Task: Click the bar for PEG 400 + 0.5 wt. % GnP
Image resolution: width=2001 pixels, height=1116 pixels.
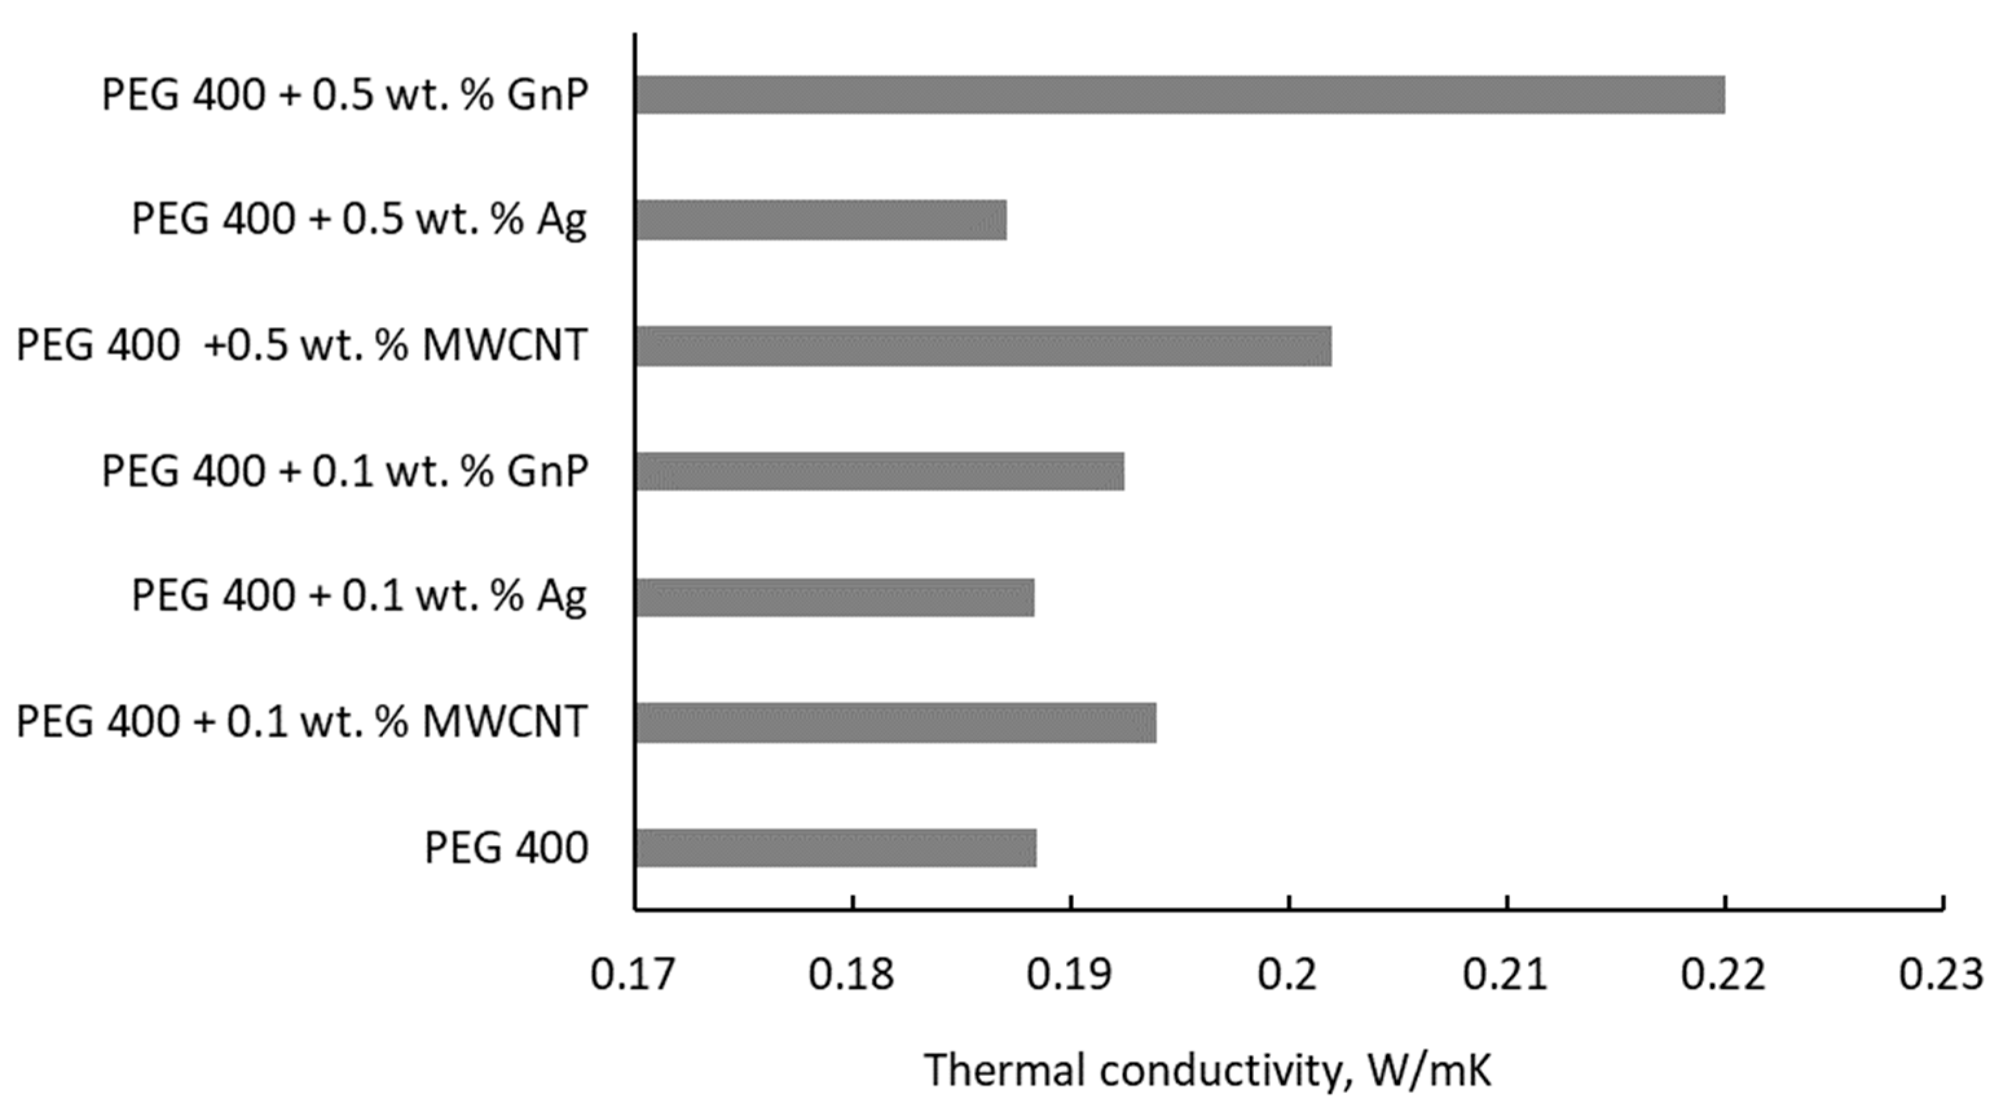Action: click(x=1179, y=95)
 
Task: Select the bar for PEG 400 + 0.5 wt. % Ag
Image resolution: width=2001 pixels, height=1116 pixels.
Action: click(x=821, y=220)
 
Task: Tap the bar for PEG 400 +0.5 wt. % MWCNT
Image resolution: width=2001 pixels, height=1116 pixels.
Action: click(x=983, y=346)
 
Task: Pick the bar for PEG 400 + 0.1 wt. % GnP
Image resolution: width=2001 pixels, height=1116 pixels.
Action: click(x=879, y=471)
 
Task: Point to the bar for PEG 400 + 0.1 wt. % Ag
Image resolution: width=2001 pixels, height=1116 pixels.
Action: click(x=835, y=597)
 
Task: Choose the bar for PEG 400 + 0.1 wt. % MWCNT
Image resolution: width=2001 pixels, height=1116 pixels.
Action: click(x=895, y=723)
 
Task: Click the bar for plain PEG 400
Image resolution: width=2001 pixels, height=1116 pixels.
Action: click(x=836, y=848)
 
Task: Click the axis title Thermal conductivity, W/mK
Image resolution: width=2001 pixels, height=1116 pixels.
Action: click(x=1208, y=1070)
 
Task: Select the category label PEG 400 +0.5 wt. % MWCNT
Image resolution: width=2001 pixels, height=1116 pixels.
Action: click(x=301, y=346)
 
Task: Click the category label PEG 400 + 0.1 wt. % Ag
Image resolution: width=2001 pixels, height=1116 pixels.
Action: click(x=359, y=597)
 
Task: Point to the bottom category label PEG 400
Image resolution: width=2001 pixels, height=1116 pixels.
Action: click(x=507, y=848)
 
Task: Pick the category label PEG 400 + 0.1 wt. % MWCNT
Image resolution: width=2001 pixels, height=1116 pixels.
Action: click(x=301, y=723)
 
